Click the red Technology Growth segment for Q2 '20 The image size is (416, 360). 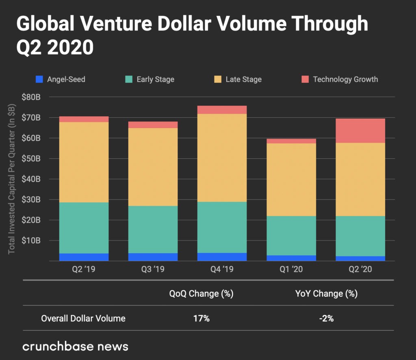[360, 130]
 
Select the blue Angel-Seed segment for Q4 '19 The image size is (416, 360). [222, 257]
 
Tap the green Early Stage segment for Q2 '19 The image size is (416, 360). [84, 228]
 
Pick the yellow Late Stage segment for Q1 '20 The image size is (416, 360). [291, 180]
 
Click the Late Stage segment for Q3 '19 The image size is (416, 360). [153, 167]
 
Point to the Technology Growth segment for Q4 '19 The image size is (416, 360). [222, 110]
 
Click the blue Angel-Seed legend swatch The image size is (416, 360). [39, 79]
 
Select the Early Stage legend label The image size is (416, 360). [155, 79]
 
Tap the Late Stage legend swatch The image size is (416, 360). [217, 79]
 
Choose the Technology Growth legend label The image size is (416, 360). [345, 79]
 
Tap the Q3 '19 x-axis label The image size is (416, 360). [153, 269]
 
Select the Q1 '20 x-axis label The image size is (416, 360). [291, 269]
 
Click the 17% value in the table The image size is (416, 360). [201, 319]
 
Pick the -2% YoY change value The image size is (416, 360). [326, 319]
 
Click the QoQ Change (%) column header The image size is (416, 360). [201, 294]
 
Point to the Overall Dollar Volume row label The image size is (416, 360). [83, 319]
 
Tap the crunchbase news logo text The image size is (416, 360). [76, 346]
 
